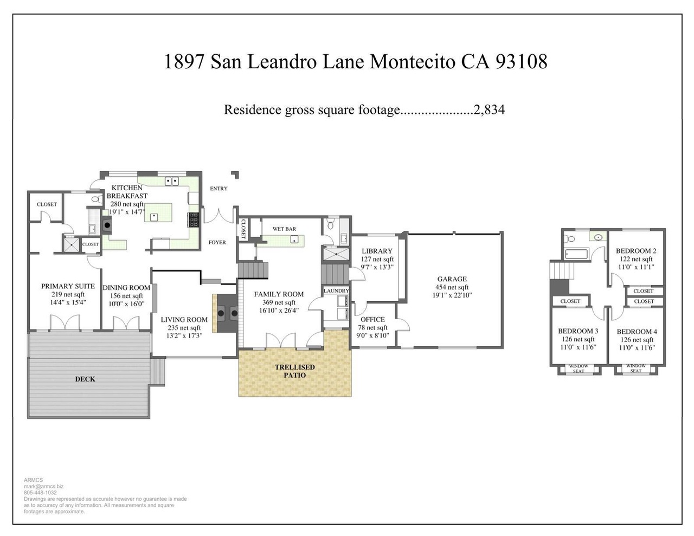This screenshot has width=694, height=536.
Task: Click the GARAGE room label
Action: pos(452,279)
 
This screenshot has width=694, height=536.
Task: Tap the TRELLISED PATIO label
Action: pos(295,371)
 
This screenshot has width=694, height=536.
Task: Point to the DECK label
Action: pos(85,379)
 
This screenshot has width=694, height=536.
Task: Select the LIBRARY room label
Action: pos(377,251)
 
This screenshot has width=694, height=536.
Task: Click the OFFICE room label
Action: pos(372,319)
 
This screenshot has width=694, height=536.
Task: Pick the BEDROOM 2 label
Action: pos(636,250)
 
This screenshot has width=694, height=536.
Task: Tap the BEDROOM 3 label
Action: pos(578,331)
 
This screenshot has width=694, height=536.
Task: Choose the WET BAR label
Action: pos(284,229)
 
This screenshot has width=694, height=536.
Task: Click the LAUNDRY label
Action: pos(336,290)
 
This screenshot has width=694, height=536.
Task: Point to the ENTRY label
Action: pos(219,189)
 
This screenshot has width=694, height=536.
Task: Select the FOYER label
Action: pos(217,242)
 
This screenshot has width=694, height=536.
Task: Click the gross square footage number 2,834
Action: pos(489,110)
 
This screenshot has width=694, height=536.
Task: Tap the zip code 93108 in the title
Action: pos(522,62)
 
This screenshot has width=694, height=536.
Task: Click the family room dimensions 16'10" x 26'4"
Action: pos(279,311)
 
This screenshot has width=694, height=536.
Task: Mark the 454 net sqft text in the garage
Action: pos(452,287)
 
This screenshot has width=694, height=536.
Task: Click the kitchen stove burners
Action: pos(194,219)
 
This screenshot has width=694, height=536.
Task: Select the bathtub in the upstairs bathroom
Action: pos(576,254)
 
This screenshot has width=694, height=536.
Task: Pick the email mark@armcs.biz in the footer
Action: pos(43,486)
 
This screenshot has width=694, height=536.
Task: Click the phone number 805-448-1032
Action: pos(40,493)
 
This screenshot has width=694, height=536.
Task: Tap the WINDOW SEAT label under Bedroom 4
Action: pos(635,368)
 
